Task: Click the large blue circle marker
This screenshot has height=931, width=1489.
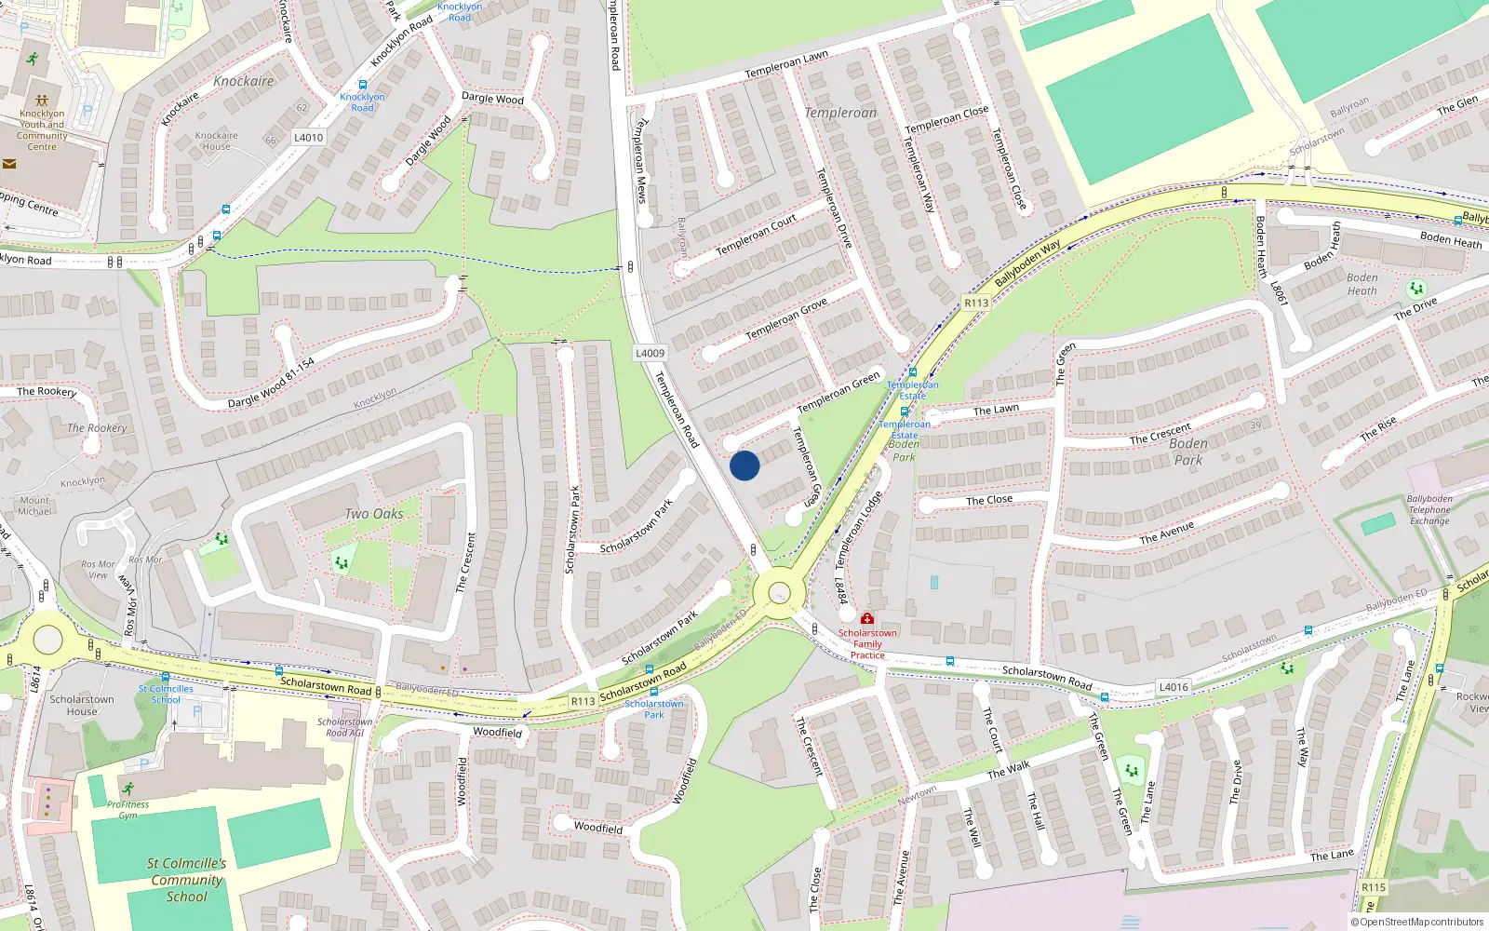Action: [744, 465]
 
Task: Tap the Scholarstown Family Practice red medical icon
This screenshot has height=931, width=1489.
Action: [867, 618]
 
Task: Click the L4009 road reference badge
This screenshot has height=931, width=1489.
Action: [650, 353]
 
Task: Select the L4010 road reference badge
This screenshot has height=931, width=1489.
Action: [308, 137]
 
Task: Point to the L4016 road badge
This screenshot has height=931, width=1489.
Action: [1173, 687]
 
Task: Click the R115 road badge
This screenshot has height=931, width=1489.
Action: [1374, 887]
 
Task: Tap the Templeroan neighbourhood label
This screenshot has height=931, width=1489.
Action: [840, 113]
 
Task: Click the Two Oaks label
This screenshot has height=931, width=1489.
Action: [374, 514]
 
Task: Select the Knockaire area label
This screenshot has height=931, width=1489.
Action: [244, 81]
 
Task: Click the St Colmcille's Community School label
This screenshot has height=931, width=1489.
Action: [187, 880]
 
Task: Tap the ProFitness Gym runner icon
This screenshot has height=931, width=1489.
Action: [127, 789]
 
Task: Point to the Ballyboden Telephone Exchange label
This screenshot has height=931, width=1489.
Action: [1429, 510]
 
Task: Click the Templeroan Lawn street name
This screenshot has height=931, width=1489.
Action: [786, 64]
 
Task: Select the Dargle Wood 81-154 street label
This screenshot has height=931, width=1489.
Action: [272, 384]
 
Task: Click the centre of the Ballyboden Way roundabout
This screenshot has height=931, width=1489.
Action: [779, 592]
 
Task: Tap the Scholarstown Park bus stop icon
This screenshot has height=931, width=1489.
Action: [653, 692]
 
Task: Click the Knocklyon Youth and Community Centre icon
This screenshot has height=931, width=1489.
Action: [41, 100]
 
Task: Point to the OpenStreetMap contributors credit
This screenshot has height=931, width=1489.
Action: [1416, 922]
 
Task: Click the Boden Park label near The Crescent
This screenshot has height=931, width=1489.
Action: [1188, 452]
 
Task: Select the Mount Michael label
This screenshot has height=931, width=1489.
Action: [35, 506]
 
